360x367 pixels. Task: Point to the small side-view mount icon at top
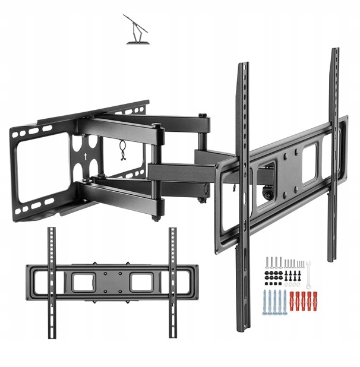pyautogui.click(x=138, y=30)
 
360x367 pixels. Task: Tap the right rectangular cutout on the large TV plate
pyautogui.click(x=310, y=162)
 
